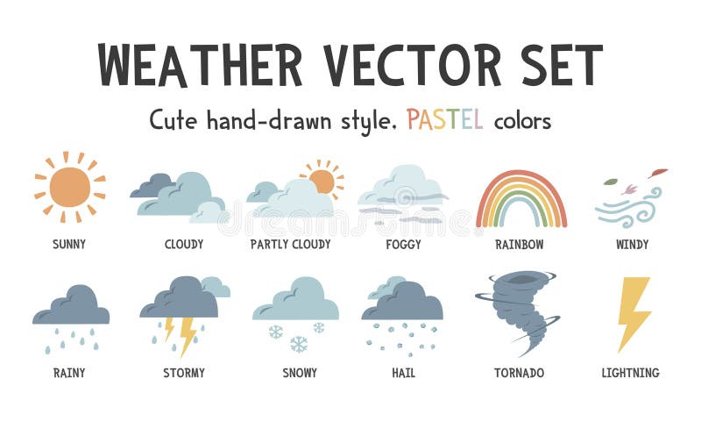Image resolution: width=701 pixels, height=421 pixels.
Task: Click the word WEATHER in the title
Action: coord(200,64)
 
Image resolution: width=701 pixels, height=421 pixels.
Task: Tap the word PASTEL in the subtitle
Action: coord(444,119)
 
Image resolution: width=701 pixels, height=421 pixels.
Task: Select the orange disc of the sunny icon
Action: coord(69,187)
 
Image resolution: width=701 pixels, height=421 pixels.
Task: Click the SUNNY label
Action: coord(69,245)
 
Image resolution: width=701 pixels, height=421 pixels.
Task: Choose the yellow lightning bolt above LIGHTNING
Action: coord(633,312)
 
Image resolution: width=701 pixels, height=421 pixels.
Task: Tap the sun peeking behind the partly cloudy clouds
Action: coord(322,181)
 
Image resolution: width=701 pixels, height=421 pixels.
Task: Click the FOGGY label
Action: coord(403,245)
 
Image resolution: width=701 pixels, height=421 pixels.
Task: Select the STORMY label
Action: coord(184,373)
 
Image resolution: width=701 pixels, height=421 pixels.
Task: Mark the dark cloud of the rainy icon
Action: coord(71,307)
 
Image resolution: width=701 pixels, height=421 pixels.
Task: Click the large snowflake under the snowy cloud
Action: coord(299,344)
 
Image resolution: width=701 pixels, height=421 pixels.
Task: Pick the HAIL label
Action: coord(403,373)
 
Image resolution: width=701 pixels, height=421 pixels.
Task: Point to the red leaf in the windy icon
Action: coord(658,173)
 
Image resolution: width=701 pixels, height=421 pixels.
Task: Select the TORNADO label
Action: coord(519,373)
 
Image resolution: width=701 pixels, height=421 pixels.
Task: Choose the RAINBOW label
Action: coord(520,245)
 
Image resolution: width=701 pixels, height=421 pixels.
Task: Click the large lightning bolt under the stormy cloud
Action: coord(188,334)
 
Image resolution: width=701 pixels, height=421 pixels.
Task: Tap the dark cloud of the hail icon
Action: coord(405,303)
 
